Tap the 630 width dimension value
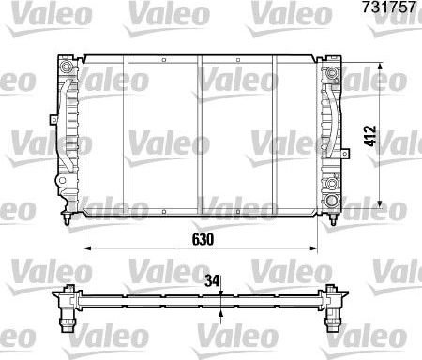coord(203,239)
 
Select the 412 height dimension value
coord(372,142)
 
